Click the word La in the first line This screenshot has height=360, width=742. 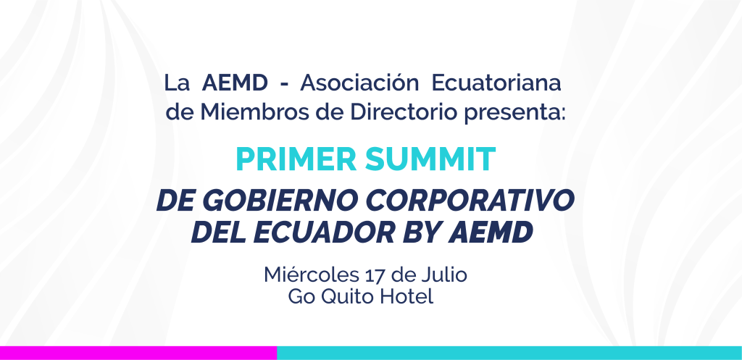177,83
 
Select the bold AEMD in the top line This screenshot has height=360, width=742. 235,83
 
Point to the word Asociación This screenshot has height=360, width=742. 359,83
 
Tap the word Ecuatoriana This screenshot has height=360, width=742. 496,83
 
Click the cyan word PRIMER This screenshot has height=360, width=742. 296,159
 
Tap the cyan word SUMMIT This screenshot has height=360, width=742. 430,159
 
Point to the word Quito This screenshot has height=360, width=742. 344,297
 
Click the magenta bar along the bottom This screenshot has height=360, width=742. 138,353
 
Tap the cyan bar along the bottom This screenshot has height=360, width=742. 509,353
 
